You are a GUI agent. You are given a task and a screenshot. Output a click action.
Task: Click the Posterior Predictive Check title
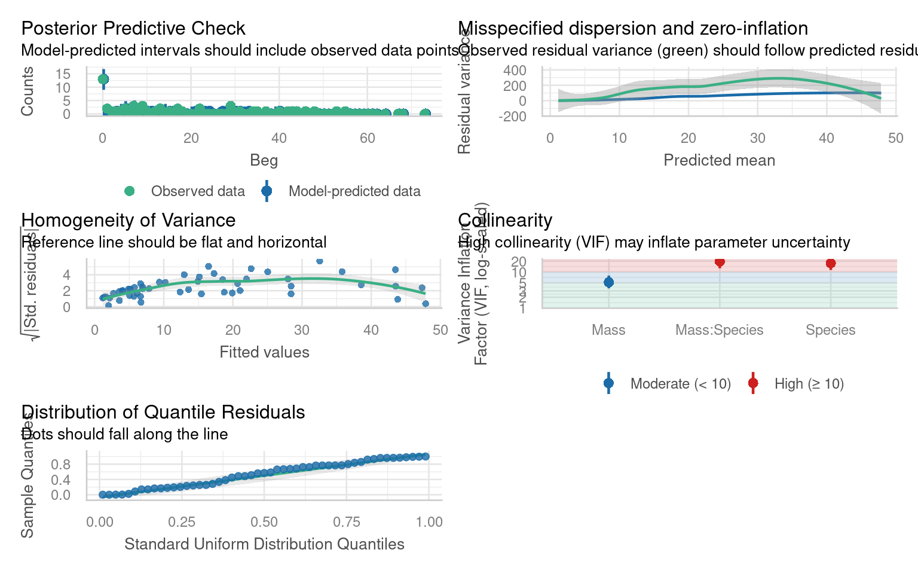(x=133, y=28)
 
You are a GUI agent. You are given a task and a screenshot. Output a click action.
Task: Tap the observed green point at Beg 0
(x=103, y=79)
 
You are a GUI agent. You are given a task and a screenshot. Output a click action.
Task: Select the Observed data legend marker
(x=129, y=191)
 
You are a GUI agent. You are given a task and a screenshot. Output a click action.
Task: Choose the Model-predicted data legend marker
(x=267, y=191)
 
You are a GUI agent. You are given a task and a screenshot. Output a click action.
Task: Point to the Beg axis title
(x=264, y=160)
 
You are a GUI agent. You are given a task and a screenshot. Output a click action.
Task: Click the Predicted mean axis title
(x=719, y=160)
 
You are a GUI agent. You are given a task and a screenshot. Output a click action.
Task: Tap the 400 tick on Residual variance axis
(x=515, y=71)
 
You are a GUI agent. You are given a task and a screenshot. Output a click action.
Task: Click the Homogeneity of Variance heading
(x=128, y=220)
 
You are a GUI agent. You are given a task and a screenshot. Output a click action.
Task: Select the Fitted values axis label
(x=264, y=352)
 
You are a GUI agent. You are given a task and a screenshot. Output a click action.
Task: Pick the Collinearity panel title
(x=505, y=220)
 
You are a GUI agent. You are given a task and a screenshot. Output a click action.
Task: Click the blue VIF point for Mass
(x=608, y=282)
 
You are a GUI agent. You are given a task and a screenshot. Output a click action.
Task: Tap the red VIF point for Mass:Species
(x=720, y=262)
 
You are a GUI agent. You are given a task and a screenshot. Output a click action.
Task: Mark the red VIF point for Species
(x=831, y=263)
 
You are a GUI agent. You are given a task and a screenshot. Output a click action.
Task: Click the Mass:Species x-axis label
(x=719, y=330)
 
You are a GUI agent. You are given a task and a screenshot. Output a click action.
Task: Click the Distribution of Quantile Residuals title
(x=163, y=412)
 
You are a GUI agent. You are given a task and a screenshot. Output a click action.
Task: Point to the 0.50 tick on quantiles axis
(x=264, y=522)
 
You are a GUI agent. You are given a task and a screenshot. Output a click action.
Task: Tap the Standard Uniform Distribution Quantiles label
(x=264, y=544)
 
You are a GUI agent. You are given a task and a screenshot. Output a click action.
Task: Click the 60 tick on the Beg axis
(x=367, y=138)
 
